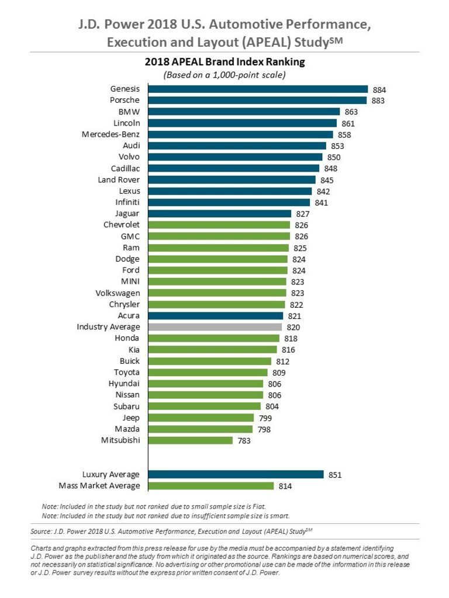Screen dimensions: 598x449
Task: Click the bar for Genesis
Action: click(x=257, y=89)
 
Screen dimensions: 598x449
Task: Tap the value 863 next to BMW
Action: click(x=351, y=112)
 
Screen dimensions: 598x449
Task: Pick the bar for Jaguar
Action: click(x=219, y=214)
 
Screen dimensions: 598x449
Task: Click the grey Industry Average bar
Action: click(x=215, y=327)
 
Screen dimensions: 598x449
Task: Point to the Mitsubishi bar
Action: click(x=190, y=440)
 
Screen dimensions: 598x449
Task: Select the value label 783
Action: click(x=244, y=441)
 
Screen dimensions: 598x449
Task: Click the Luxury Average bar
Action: click(x=236, y=474)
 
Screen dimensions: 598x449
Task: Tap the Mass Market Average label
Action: click(x=99, y=486)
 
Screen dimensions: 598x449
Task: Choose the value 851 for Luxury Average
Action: click(x=334, y=475)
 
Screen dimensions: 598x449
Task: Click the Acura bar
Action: click(x=215, y=316)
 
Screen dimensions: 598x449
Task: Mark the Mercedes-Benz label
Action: click(x=110, y=134)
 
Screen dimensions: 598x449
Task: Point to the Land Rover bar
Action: click(x=232, y=180)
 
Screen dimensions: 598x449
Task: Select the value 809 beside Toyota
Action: click(x=279, y=373)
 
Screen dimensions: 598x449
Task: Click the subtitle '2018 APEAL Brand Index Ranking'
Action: click(x=225, y=61)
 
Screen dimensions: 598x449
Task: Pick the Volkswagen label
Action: click(x=118, y=293)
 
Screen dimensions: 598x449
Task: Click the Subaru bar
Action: click(x=204, y=406)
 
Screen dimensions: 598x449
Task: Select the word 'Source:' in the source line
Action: click(x=42, y=531)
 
